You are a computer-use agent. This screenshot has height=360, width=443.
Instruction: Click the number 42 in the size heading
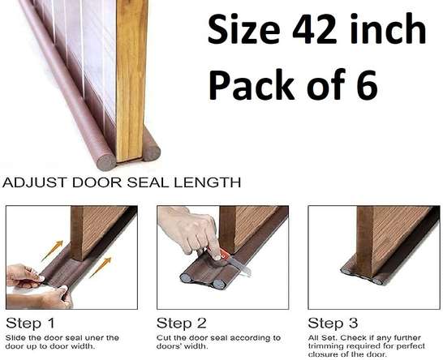[314, 30]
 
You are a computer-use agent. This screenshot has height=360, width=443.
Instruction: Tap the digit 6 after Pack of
[367, 84]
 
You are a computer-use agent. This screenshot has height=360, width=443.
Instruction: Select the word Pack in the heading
[252, 84]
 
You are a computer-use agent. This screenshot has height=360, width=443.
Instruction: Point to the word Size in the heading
[244, 29]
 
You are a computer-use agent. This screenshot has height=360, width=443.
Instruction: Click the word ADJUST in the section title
[34, 182]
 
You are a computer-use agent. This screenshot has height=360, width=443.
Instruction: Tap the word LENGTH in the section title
[207, 182]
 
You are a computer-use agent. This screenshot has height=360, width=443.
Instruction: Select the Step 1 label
[30, 323]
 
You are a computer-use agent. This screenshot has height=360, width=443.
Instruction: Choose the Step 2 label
[181, 323]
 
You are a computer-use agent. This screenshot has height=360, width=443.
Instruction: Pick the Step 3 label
[333, 323]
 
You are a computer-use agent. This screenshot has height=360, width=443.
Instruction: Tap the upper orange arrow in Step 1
[52, 251]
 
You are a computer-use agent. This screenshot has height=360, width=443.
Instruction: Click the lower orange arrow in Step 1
[101, 268]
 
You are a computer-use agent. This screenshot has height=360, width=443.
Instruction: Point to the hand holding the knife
[191, 231]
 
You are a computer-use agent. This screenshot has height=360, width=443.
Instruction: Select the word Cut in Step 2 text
[163, 337]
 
